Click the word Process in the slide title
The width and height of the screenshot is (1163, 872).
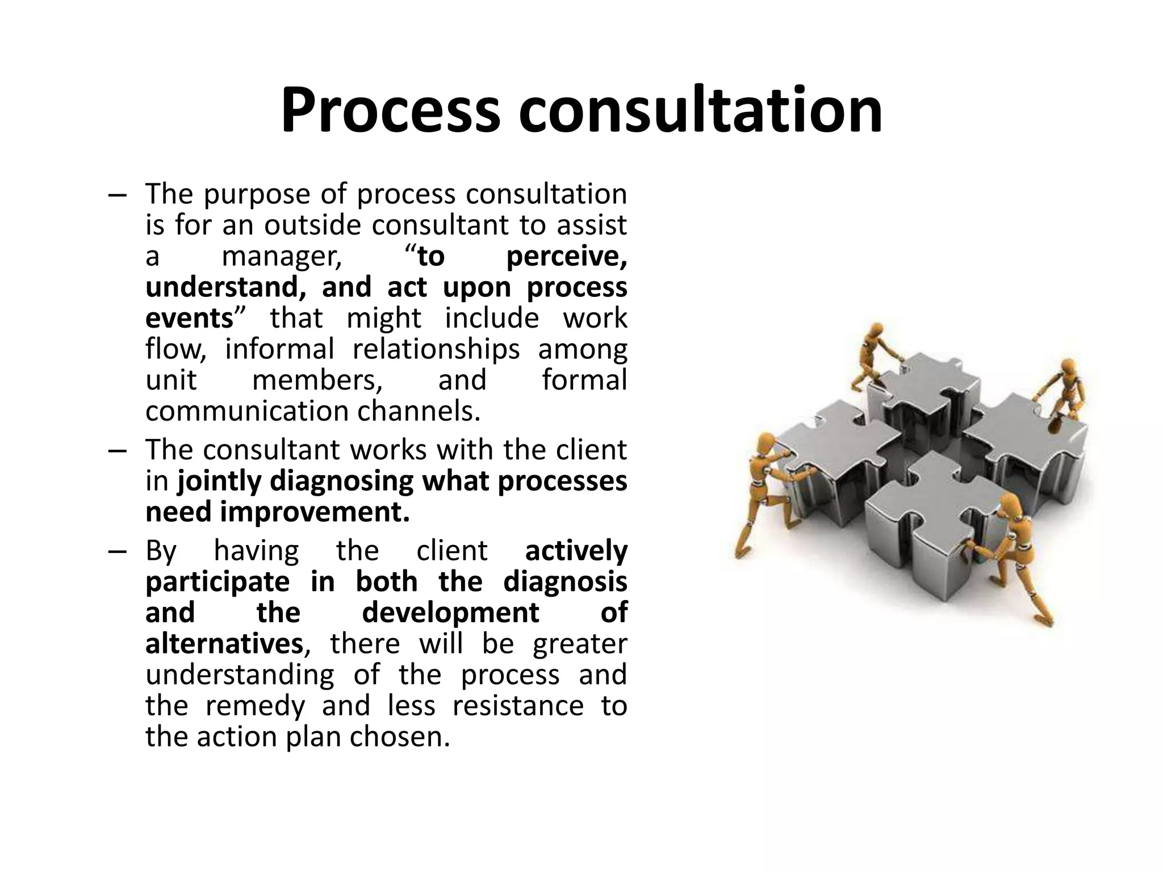click(x=390, y=111)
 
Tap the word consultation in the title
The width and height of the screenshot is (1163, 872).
click(x=700, y=111)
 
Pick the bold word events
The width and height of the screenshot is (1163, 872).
click(x=190, y=318)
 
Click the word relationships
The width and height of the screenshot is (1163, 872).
click(x=436, y=349)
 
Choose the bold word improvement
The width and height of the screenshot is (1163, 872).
click(x=314, y=512)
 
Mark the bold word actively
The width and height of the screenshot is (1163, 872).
click(x=576, y=551)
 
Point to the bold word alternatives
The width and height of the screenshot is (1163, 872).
click(x=224, y=644)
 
